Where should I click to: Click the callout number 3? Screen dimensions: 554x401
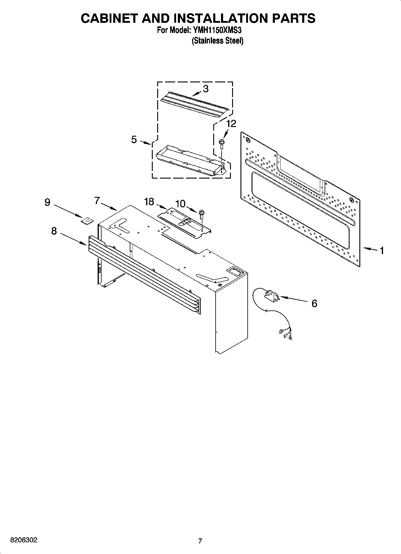point(205,89)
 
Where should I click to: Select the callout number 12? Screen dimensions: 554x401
point(231,123)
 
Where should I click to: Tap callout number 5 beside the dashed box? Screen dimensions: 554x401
point(134,139)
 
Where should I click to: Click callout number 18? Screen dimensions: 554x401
point(149,202)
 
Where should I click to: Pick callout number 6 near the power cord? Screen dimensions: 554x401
point(314,304)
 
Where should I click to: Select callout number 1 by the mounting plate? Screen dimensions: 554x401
point(382,250)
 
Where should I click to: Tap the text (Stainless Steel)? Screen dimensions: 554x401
point(217,41)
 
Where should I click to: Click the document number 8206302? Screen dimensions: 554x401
point(24,540)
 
